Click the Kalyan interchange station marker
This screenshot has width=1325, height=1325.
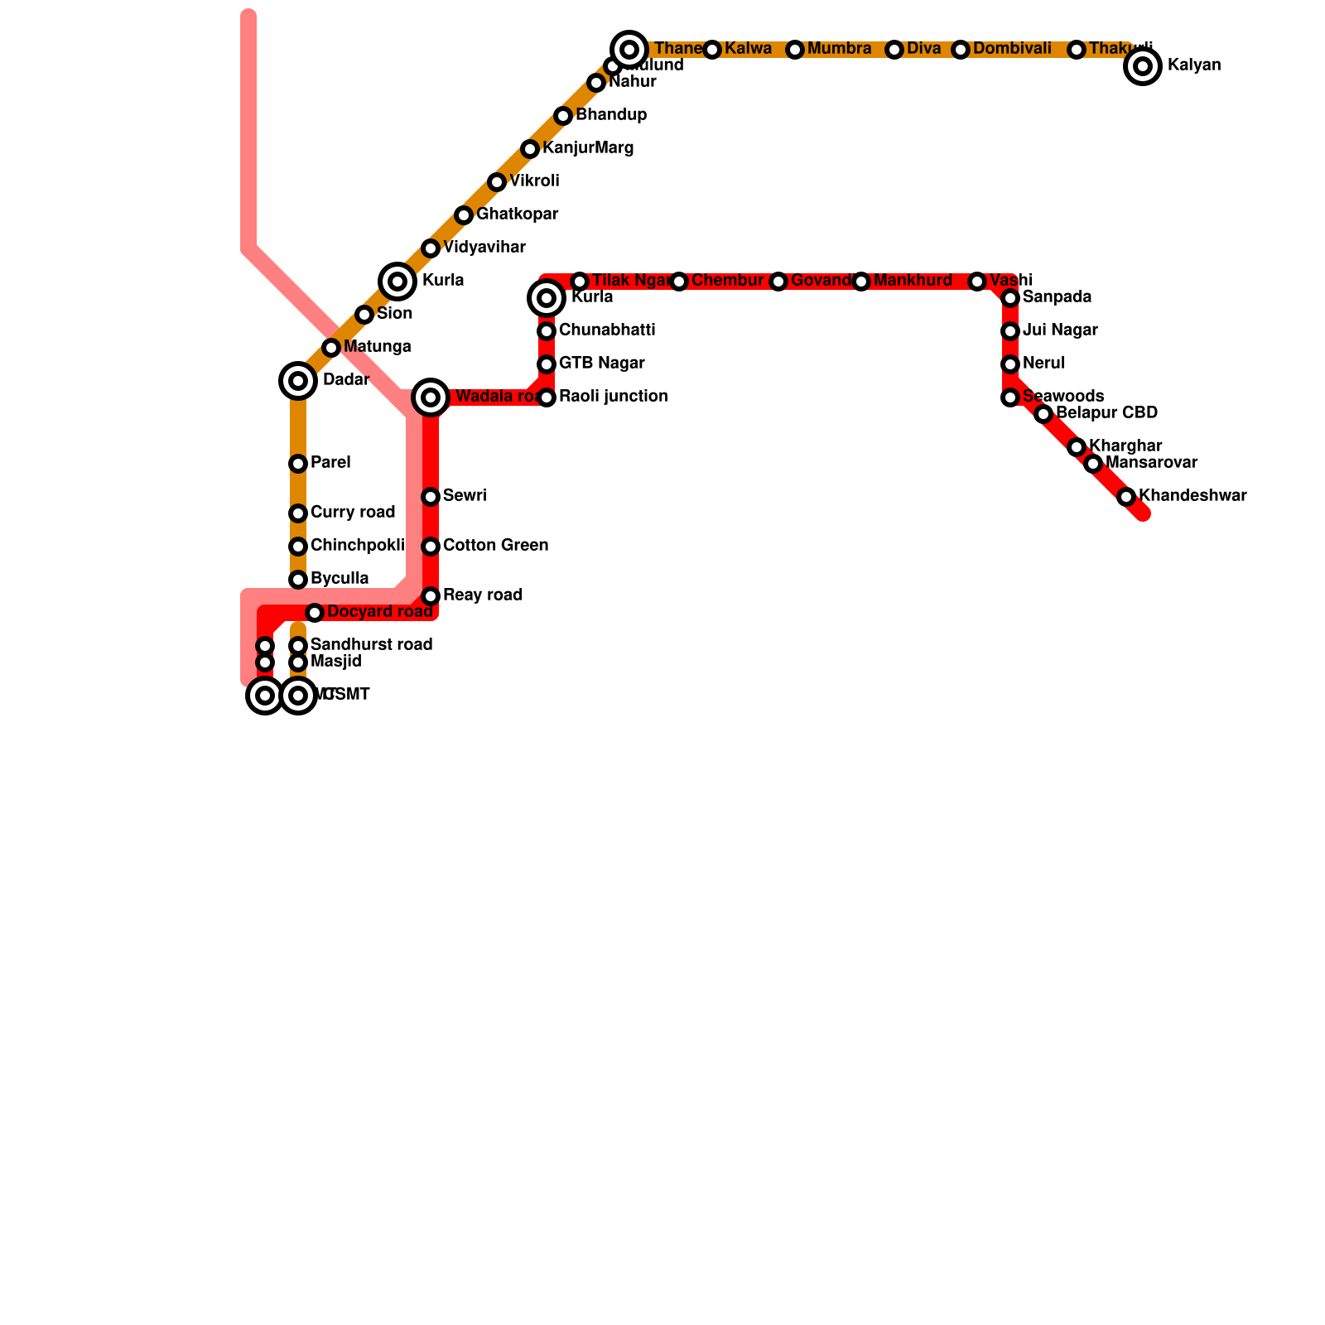click(x=1143, y=66)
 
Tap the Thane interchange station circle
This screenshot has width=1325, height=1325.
click(x=629, y=50)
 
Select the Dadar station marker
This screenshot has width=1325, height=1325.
click(x=298, y=381)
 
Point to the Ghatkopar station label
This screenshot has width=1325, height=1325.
click(x=517, y=214)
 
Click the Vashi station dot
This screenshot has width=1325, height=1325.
click(x=977, y=282)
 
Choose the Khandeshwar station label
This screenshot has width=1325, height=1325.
click(x=1192, y=496)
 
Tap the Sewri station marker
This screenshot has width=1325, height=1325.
click(x=431, y=497)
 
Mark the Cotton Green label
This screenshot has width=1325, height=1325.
click(x=495, y=546)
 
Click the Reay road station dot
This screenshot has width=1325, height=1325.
click(x=431, y=596)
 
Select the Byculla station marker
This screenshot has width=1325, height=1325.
click(x=298, y=580)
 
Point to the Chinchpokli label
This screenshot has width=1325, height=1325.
click(x=357, y=546)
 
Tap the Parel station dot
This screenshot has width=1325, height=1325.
click(x=298, y=464)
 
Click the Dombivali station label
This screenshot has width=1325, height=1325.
click(x=1011, y=49)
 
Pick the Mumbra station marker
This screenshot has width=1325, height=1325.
click(x=795, y=50)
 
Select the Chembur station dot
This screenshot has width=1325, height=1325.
click(x=679, y=282)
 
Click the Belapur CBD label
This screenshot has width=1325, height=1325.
click(x=1106, y=413)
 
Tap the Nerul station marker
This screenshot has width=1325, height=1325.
click(x=1010, y=364)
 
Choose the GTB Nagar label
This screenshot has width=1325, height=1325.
click(x=601, y=364)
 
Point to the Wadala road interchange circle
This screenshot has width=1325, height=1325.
click(x=431, y=397)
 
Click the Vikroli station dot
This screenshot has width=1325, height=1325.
click(x=497, y=182)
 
